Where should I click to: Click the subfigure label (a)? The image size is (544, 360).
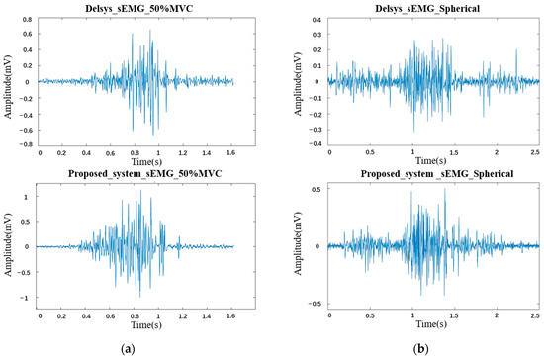136,348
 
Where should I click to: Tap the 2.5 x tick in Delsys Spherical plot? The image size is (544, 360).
535,153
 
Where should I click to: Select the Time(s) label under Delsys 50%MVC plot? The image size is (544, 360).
136,160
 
